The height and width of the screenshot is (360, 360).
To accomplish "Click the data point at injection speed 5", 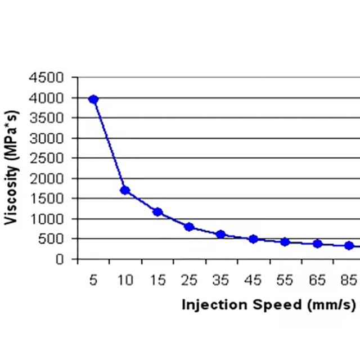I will click(93, 100).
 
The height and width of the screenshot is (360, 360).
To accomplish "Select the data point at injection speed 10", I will click(125, 190).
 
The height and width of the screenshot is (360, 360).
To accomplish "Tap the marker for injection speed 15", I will click(157, 212).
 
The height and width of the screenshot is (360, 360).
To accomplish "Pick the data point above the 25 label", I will click(189, 227).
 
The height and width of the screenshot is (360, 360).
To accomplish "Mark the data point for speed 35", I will click(220, 234).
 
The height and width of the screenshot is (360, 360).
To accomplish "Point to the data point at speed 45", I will click(253, 239).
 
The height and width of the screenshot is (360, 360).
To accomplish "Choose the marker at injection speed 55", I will click(285, 242).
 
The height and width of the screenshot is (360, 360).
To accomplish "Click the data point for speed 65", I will click(317, 244).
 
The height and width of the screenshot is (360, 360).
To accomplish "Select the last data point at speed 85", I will click(349, 245).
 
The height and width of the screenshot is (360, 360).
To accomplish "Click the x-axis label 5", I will click(93, 280).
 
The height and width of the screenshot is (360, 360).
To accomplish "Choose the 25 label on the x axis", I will click(189, 280).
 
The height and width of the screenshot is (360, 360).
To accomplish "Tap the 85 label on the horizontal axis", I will click(349, 280).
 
